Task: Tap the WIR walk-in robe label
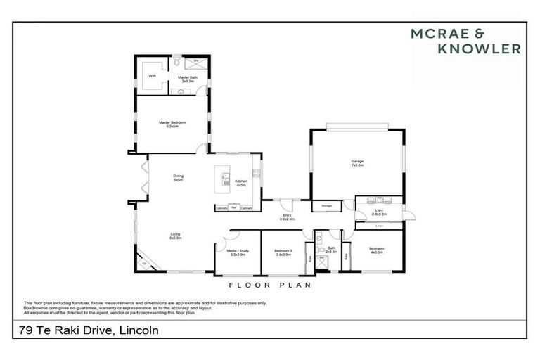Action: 151,76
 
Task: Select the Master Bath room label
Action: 186,79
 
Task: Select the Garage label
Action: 357,163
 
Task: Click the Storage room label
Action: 326,206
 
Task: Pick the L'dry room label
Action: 378,210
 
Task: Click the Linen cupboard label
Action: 379,226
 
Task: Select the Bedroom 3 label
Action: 282,252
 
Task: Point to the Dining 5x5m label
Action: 179,178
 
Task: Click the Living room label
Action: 175,236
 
